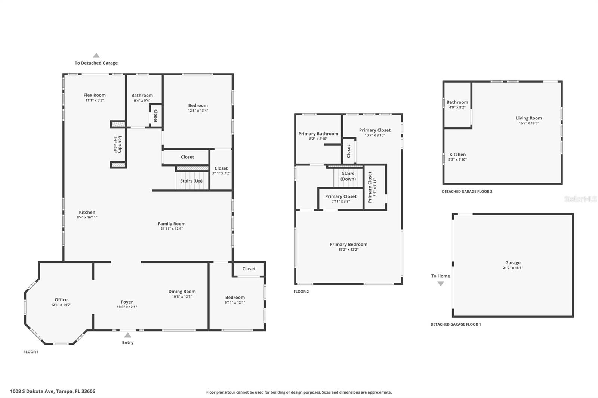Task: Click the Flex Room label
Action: pos(95,95)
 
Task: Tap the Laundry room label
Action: pos(120,144)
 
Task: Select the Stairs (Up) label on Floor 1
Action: pos(191,181)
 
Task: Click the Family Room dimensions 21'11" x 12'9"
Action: pos(172,229)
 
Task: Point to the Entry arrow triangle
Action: pos(128,335)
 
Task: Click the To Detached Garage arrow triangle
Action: pos(96,56)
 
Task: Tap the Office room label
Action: pos(61,300)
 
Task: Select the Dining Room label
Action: pos(182,292)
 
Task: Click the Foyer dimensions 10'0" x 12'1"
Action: pos(127,307)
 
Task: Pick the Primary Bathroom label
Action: pos(318,134)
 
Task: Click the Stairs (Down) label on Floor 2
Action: pos(348,176)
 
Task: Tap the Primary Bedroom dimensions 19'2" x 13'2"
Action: pos(348,249)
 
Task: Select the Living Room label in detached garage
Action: pos(528,118)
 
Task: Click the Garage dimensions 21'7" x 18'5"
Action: pos(513,268)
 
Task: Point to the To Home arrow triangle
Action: pos(441,284)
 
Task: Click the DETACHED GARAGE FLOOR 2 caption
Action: pos(467,192)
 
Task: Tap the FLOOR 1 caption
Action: pos(31,352)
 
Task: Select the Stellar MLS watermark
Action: pos(580,199)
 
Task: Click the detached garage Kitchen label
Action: pos(457,155)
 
